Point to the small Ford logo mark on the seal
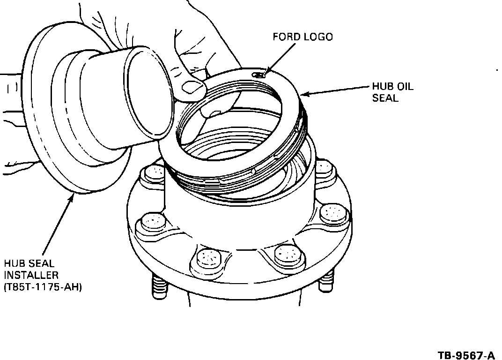[x=258, y=74]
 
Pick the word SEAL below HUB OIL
[x=385, y=98]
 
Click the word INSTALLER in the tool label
[x=31, y=275]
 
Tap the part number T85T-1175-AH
[x=43, y=287]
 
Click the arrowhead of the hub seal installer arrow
[x=71, y=197]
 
